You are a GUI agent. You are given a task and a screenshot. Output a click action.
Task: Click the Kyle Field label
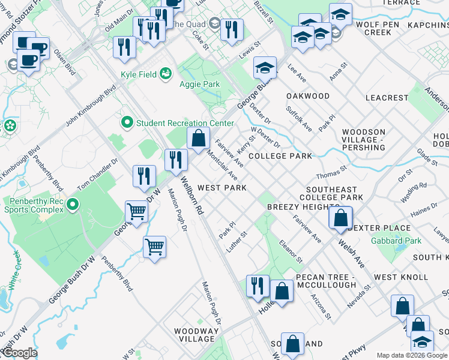click(x=139, y=74)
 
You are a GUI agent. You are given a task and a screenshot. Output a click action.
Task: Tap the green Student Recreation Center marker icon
click(x=127, y=123)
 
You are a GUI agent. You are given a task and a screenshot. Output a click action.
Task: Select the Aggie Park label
click(x=200, y=85)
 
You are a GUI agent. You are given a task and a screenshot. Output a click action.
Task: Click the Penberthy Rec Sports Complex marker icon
click(x=73, y=205)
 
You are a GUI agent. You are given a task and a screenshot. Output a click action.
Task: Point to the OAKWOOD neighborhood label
click(x=308, y=96)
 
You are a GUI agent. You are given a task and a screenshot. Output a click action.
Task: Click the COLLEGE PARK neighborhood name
click(x=280, y=156)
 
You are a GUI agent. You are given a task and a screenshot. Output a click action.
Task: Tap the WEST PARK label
click(x=222, y=188)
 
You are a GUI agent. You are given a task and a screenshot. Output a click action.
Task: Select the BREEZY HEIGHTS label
click(x=297, y=206)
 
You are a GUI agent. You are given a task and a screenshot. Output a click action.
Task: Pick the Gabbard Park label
click(x=396, y=241)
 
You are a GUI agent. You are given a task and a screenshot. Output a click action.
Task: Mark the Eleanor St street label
click(x=291, y=252)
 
